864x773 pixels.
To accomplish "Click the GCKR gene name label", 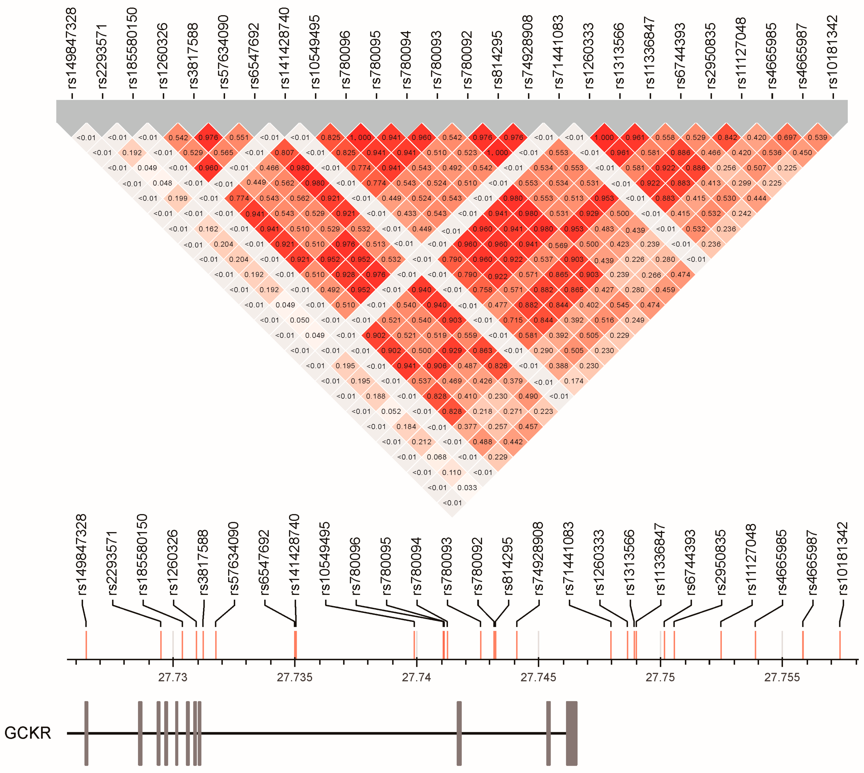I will pyautogui.click(x=28, y=733).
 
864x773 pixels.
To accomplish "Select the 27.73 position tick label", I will pyautogui.click(x=173, y=678).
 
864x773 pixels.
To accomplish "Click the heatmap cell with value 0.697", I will pyautogui.click(x=787, y=137).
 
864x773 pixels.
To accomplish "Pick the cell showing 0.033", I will pyautogui.click(x=467, y=488).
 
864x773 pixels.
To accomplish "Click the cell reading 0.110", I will pyautogui.click(x=452, y=472).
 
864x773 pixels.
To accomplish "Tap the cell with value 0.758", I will pyautogui.click(x=482, y=290).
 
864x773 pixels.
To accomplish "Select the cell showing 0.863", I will pyautogui.click(x=482, y=350).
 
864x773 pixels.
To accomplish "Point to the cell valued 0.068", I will pyautogui.click(x=437, y=457).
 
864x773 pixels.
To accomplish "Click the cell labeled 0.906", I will pyautogui.click(x=437, y=366).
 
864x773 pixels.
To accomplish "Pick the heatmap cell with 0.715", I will pyautogui.click(x=513, y=320).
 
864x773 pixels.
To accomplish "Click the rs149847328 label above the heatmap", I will pyautogui.click(x=72, y=49).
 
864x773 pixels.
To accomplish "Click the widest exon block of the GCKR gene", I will pyautogui.click(x=572, y=733).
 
